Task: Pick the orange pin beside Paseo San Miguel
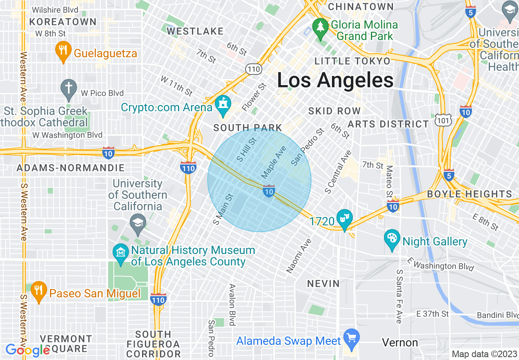[x=38, y=291]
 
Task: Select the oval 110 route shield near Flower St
[x=254, y=69]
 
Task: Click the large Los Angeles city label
[x=335, y=80]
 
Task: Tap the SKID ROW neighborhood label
[x=334, y=111]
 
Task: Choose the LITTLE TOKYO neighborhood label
[x=352, y=61]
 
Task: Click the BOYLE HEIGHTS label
[x=469, y=194]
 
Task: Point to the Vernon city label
[x=400, y=342]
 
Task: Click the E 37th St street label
[x=432, y=314]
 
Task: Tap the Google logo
[x=28, y=350]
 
